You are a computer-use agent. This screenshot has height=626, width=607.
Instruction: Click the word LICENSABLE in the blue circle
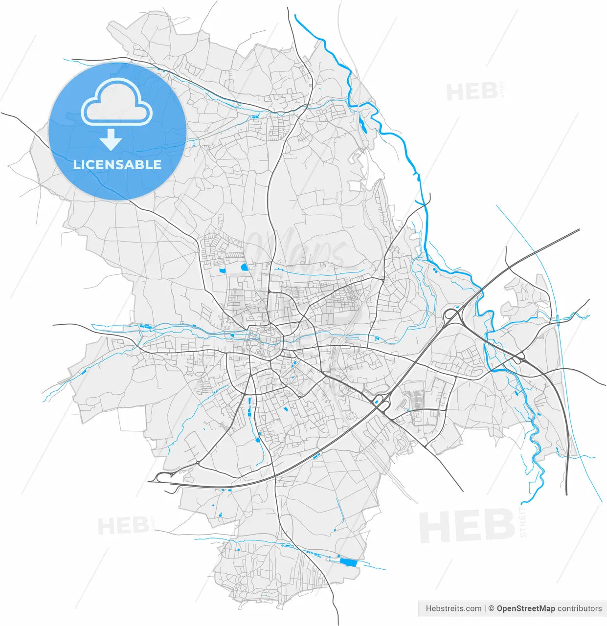tap(117, 164)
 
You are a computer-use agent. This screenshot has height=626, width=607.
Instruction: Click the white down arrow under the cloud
tap(111, 140)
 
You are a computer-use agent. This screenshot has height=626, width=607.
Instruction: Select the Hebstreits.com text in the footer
tap(453, 608)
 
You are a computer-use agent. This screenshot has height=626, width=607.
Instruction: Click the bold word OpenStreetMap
tap(526, 608)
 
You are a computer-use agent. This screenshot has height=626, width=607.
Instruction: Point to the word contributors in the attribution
tap(580, 608)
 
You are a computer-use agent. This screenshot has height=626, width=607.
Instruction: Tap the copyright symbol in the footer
tap(491, 608)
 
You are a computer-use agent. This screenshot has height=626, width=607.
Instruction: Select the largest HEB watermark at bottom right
tap(467, 526)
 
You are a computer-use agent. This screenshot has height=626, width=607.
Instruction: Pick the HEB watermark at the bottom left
tap(123, 526)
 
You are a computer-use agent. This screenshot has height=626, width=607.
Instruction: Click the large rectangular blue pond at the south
tap(349, 562)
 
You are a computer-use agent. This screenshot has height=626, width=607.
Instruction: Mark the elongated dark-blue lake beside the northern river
tap(362, 124)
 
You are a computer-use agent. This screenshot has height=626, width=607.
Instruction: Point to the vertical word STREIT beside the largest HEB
tap(523, 522)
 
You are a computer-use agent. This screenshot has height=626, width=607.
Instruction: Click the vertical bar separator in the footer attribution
tap(485, 608)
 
